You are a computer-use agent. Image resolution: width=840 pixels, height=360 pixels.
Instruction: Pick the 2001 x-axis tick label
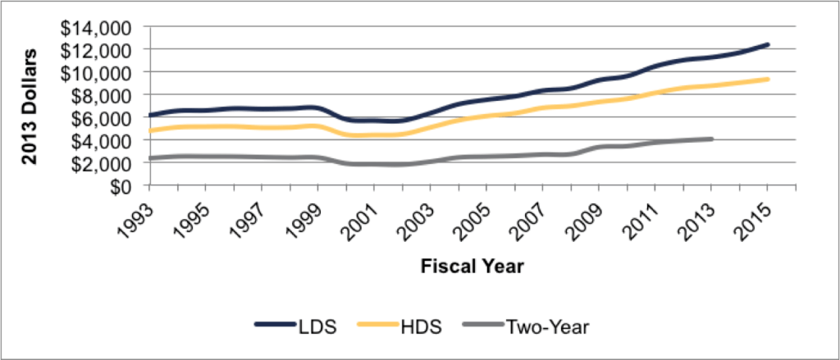click(x=361, y=215)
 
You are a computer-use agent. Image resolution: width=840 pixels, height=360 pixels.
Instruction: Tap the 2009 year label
click(x=585, y=215)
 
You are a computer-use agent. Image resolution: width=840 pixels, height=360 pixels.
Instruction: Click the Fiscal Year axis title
click(x=472, y=267)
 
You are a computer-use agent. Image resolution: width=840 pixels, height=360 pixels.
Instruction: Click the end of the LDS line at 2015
click(x=767, y=44)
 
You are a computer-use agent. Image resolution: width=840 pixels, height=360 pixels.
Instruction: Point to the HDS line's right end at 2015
click(x=767, y=79)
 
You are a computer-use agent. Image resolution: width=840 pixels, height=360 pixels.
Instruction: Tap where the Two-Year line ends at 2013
click(x=710, y=139)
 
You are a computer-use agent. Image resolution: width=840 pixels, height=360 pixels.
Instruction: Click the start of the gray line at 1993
click(x=149, y=158)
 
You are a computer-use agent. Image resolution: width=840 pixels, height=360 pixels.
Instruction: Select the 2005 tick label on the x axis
click(x=473, y=215)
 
